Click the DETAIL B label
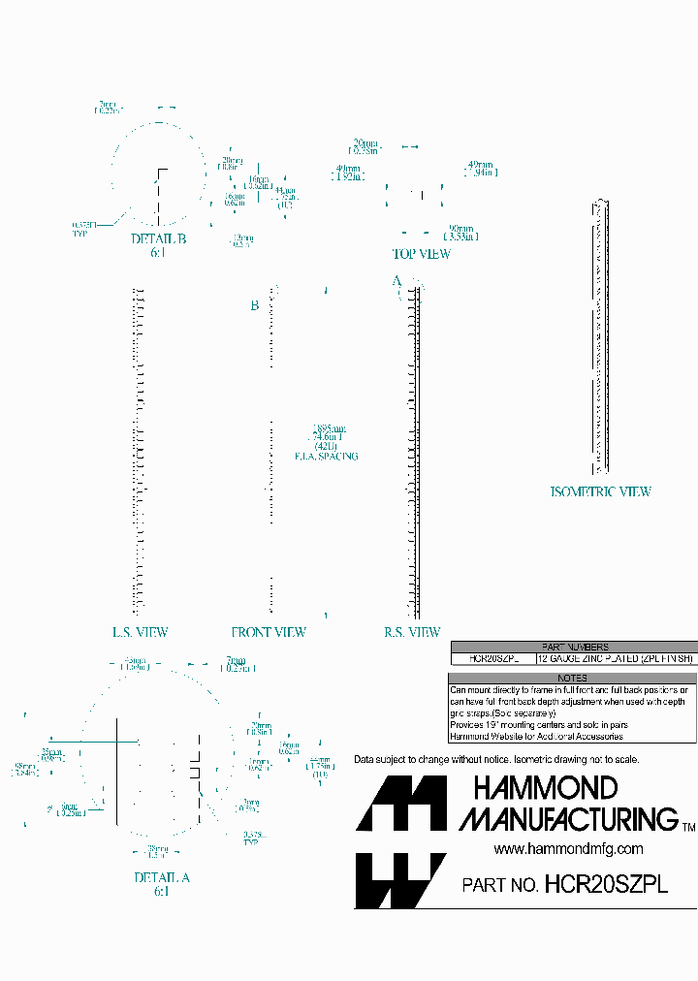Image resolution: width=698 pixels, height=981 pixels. [158, 239]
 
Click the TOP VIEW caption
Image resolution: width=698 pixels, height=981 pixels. [421, 254]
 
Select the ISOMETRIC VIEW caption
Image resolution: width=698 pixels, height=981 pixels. [600, 491]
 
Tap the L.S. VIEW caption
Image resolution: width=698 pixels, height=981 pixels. [140, 632]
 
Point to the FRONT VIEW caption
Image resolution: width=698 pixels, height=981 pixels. [269, 632]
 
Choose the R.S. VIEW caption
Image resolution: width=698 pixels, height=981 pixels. [412, 632]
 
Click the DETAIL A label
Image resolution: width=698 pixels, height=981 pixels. [162, 877]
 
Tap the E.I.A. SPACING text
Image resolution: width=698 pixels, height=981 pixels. [327, 456]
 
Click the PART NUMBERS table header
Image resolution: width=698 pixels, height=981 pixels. [574, 647]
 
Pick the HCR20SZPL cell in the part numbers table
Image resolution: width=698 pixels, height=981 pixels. [493, 658]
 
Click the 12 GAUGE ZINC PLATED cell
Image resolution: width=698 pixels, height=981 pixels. [615, 658]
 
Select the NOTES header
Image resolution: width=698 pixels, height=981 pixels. [573, 679]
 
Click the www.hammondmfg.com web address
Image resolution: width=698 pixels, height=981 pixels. [568, 848]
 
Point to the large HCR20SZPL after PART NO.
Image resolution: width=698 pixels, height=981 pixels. [607, 884]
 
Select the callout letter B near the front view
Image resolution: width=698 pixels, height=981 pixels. [254, 305]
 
